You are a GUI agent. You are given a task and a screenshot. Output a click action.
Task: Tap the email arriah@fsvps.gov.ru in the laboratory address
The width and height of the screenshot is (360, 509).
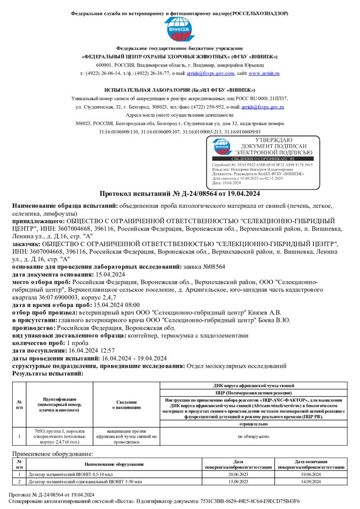click(x=262, y=107)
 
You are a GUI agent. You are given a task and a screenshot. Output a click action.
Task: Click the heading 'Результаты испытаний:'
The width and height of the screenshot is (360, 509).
click(x=48, y=373)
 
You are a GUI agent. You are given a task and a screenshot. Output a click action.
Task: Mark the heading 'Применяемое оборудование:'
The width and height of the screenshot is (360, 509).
click(x=52, y=455)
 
